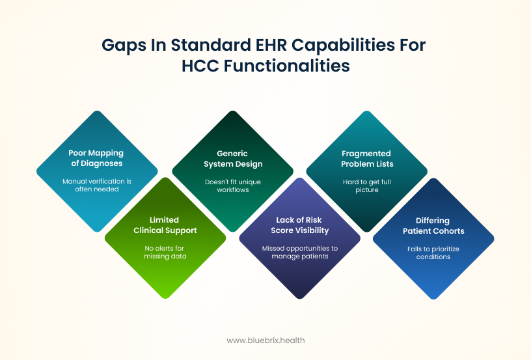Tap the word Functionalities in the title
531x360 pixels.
(x=286, y=66)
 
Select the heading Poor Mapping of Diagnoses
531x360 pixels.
(x=96, y=158)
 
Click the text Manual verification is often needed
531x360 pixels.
(x=97, y=186)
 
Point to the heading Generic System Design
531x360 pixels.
(x=233, y=159)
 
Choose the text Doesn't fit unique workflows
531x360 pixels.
(x=233, y=186)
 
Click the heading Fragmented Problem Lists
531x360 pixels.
(x=367, y=159)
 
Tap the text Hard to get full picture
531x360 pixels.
(x=367, y=186)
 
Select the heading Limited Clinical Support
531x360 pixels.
(x=165, y=225)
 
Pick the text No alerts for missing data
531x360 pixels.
(x=165, y=253)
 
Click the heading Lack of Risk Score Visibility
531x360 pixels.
(x=300, y=225)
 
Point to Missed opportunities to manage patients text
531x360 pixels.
(x=300, y=253)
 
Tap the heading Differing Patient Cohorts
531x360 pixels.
(x=433, y=226)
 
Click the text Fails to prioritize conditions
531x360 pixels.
(x=433, y=253)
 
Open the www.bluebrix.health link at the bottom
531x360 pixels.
(x=265, y=340)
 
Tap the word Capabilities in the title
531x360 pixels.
(x=343, y=46)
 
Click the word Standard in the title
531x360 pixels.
(x=211, y=45)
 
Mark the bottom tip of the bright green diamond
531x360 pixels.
(x=165, y=299)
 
